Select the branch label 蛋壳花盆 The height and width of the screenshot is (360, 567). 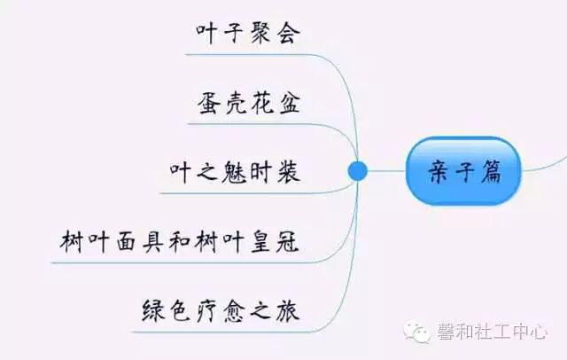249,105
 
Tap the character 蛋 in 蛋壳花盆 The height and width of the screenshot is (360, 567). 210,105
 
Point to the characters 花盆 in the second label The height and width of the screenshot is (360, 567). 275,105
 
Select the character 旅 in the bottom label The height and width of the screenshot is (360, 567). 285,311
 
